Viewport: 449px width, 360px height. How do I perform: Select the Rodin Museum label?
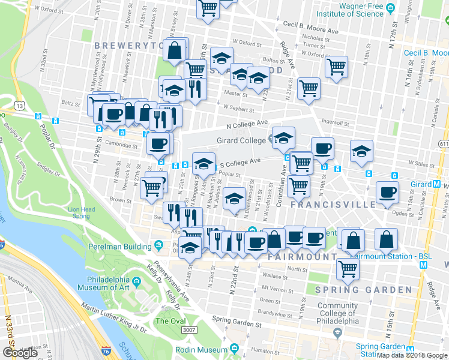tap(200, 349)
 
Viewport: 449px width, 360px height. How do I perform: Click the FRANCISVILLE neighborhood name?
tap(333, 205)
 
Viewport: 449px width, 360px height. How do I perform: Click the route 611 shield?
tap(443, 144)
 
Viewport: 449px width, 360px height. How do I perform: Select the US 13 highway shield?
tap(21, 106)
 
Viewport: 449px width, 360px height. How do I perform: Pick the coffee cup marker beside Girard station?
tap(387, 191)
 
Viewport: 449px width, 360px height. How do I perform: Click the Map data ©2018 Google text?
tap(411, 355)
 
